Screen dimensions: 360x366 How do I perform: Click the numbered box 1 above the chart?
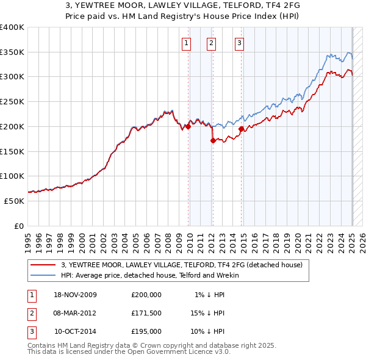[x=185, y=43]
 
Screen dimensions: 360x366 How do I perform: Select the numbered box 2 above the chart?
[x=211, y=43]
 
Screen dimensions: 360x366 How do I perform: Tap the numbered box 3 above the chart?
[x=239, y=43]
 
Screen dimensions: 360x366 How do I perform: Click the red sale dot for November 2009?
[x=188, y=127]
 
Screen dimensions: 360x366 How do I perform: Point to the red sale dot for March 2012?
[x=213, y=140]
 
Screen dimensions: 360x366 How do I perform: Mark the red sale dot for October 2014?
[x=242, y=129]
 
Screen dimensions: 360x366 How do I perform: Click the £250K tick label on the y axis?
[x=12, y=101]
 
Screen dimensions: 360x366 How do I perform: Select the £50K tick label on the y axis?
[x=15, y=201]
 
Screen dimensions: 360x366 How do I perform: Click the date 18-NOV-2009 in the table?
[x=75, y=295]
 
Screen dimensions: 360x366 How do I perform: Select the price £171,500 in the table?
[x=146, y=314]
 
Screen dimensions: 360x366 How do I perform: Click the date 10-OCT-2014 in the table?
[x=75, y=332]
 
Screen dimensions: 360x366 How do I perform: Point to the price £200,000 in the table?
[x=146, y=295]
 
